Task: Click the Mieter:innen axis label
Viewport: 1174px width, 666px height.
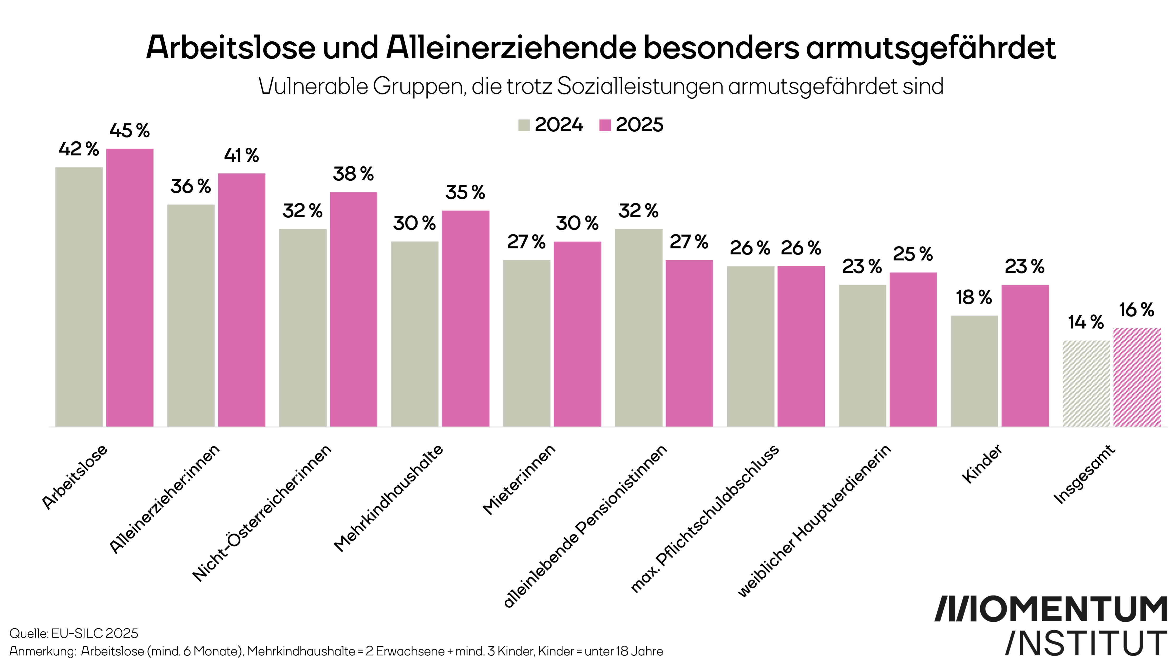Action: tap(519, 479)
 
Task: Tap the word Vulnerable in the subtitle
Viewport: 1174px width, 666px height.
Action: tap(313, 86)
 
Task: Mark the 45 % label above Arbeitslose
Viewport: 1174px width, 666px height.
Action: tap(130, 131)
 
